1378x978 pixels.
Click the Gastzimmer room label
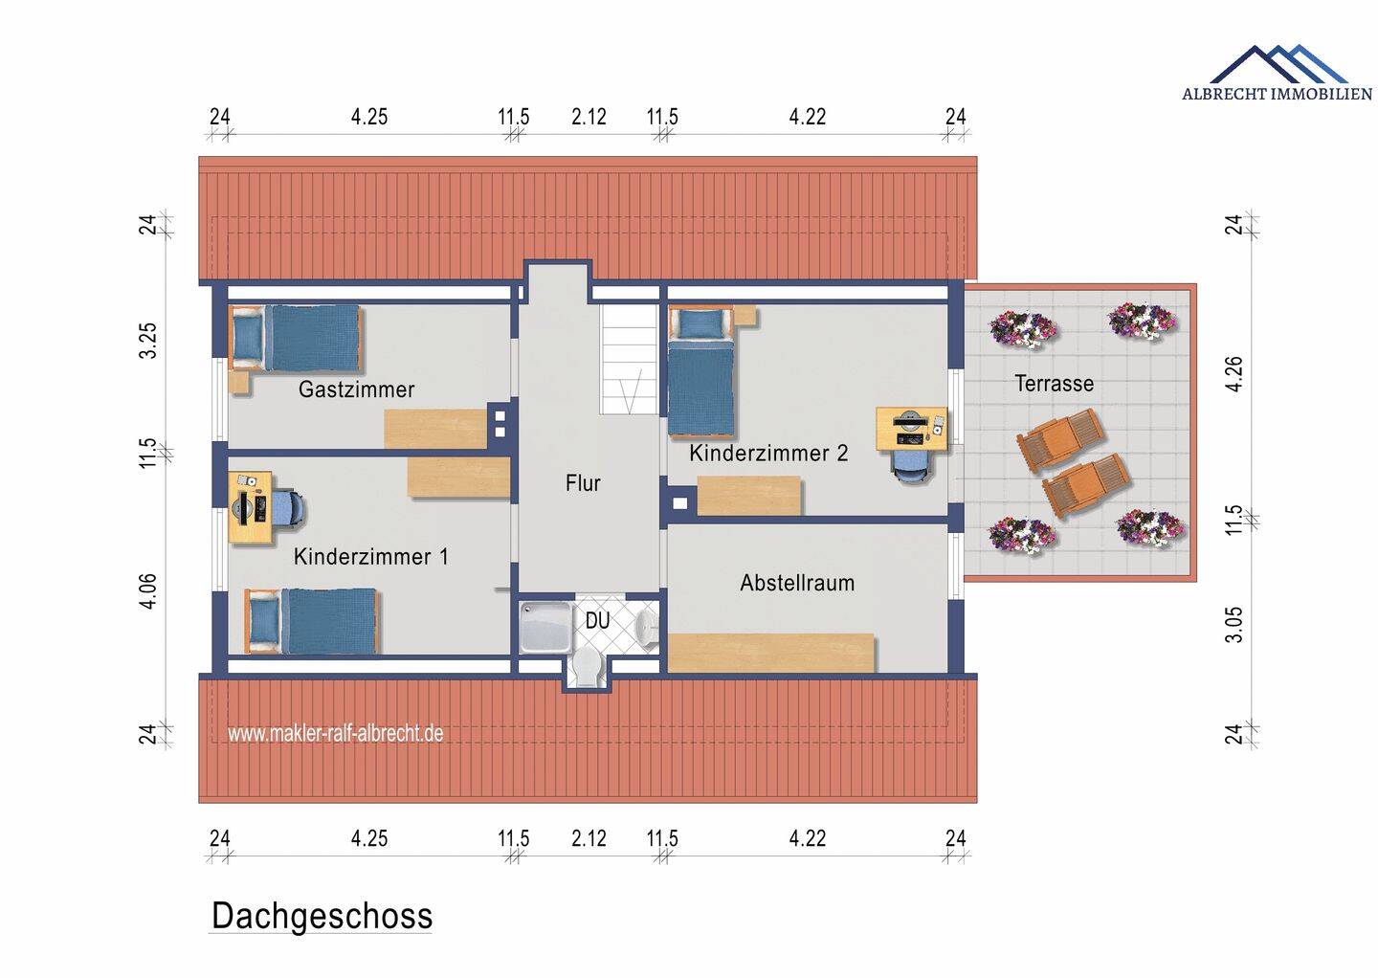(x=356, y=389)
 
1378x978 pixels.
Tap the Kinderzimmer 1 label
(x=371, y=557)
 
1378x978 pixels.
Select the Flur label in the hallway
(x=583, y=483)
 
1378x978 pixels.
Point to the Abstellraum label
(x=797, y=583)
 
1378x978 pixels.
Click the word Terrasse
(x=1054, y=383)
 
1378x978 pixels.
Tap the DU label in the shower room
(x=597, y=621)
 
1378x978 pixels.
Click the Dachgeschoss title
(x=322, y=916)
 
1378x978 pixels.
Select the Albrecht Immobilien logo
(x=1277, y=73)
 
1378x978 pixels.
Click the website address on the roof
(x=335, y=733)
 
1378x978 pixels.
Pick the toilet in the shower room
(x=587, y=668)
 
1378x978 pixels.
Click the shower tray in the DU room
(x=545, y=626)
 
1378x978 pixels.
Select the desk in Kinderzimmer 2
(x=912, y=429)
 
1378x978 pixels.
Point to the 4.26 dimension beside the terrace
(x=1234, y=374)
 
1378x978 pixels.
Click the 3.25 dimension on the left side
(x=147, y=341)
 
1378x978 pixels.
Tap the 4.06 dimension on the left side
(x=147, y=591)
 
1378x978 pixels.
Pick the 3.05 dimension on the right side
(x=1234, y=625)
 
